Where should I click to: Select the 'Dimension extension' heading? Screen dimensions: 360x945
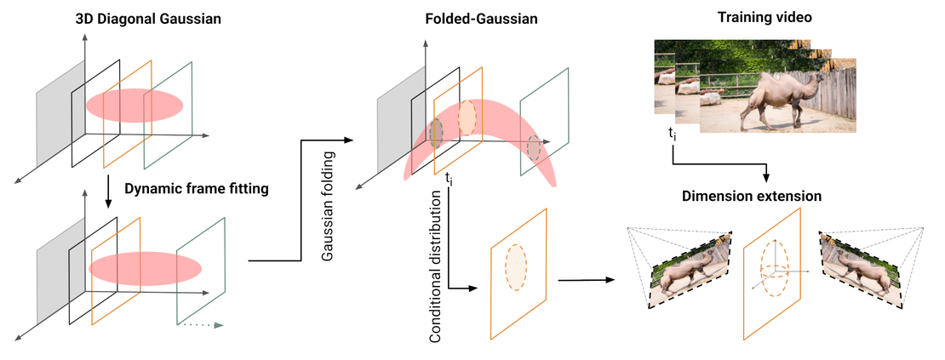click(752, 195)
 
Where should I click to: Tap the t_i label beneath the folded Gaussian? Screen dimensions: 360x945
click(450, 179)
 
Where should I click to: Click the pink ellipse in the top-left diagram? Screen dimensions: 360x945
click(134, 105)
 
